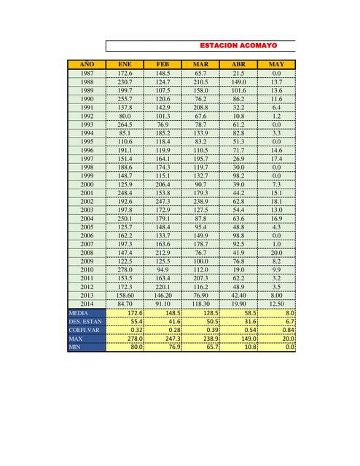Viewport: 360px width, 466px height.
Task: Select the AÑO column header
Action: [87, 65]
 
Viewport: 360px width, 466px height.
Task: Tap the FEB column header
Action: [163, 65]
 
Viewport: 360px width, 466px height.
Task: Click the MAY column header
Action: [276, 65]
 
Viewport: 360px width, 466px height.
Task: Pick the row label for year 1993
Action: [87, 125]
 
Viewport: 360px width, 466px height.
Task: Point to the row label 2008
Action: [87, 252]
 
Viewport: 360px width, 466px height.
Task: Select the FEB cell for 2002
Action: [163, 201]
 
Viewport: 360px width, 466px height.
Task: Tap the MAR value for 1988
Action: [200, 82]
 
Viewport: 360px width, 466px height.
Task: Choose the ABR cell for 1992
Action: [238, 116]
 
